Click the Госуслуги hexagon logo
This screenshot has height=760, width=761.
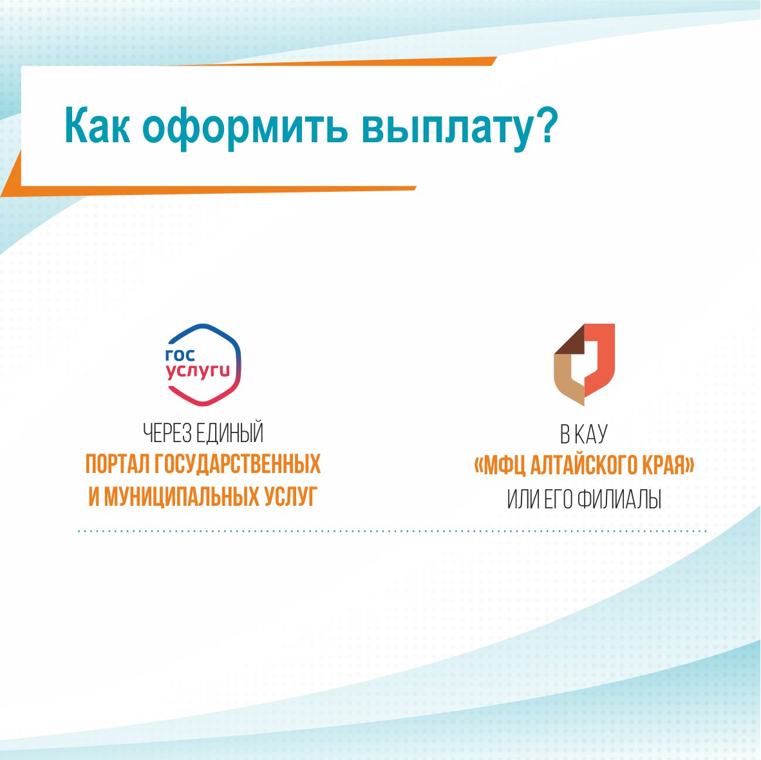click(x=203, y=364)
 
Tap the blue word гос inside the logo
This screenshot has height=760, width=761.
click(x=180, y=355)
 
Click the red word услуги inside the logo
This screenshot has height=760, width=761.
click(x=198, y=372)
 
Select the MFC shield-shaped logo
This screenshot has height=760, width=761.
click(x=585, y=364)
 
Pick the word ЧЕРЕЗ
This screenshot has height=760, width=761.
click(x=167, y=433)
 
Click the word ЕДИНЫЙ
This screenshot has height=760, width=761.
click(x=230, y=432)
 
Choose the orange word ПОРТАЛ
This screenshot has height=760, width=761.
click(x=118, y=464)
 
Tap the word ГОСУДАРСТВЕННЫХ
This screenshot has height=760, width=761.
click(x=238, y=464)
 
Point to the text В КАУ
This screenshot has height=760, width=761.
click(x=584, y=434)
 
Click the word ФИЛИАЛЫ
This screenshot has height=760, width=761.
click(x=619, y=499)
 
